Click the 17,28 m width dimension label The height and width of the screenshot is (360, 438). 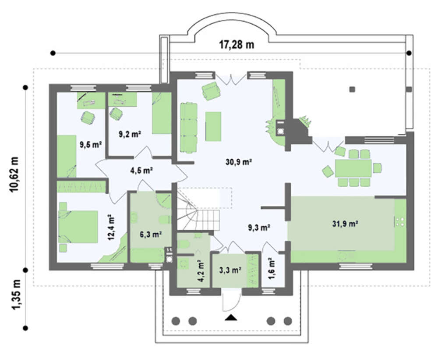point(237,45)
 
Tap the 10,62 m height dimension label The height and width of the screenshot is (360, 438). point(14,174)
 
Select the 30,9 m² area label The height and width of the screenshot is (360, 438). point(239,162)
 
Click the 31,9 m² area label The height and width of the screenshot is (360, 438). point(345,224)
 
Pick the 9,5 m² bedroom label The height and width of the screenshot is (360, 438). point(90,145)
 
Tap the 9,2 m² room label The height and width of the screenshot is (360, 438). point(130,134)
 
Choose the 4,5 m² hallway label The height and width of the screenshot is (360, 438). point(141,170)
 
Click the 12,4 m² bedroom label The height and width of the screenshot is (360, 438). point(111,227)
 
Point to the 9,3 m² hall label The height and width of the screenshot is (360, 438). point(259,228)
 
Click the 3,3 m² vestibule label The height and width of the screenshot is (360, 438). point(230,270)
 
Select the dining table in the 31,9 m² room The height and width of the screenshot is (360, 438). point(353,168)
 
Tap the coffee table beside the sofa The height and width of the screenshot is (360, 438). point(213,126)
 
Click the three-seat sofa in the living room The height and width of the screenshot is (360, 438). point(189,128)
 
